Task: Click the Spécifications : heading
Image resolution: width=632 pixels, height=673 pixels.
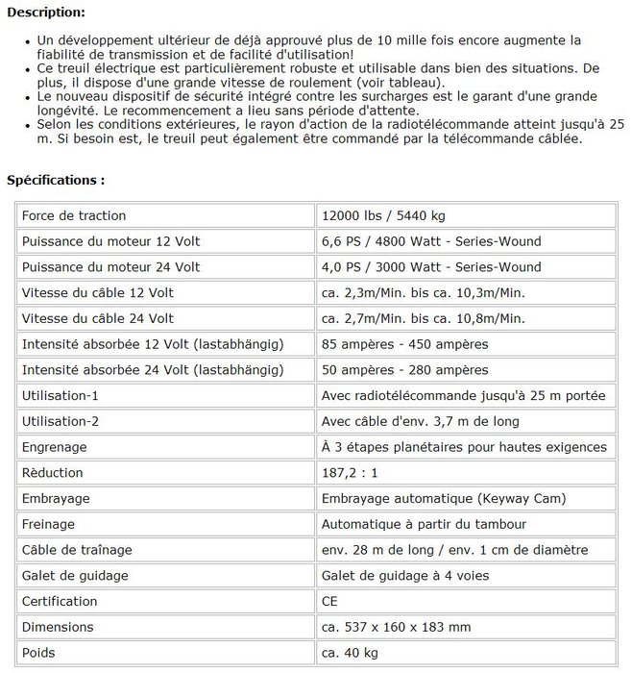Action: tap(56, 180)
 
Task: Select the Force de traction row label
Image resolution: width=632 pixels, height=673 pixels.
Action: tap(74, 215)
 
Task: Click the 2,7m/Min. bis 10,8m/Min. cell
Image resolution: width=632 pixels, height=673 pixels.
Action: tap(424, 318)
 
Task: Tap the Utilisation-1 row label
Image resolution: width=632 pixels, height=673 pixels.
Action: tap(60, 395)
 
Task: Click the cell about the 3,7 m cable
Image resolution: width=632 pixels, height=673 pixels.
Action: tap(420, 421)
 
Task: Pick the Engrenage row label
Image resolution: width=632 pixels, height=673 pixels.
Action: tap(54, 447)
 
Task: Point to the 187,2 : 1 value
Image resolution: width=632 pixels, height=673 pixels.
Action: tap(352, 473)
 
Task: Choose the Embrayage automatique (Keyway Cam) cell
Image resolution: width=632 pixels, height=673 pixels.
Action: tap(444, 498)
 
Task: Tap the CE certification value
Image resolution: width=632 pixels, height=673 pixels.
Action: tap(330, 601)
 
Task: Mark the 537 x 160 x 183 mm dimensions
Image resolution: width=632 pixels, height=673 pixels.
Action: tap(396, 627)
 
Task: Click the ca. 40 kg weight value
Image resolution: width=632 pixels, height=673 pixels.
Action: tap(348, 653)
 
